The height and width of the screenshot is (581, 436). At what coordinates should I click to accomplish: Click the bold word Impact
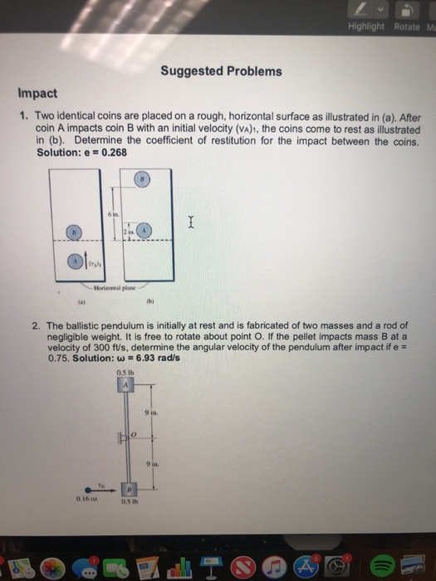point(37,94)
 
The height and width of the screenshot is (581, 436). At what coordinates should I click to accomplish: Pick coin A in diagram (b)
point(145,230)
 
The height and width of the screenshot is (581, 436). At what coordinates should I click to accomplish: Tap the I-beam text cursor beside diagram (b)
point(192,221)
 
